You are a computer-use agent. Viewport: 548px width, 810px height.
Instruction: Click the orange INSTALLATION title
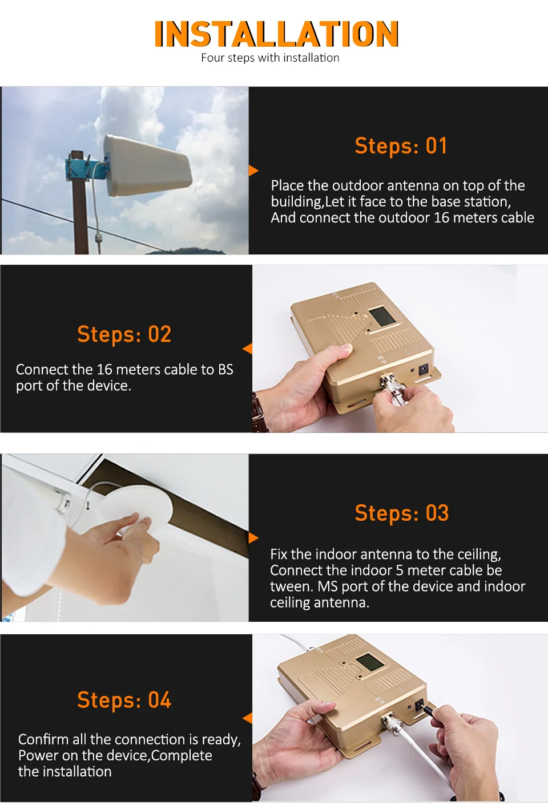tap(276, 34)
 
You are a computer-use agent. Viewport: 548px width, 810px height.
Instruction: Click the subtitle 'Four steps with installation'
tap(270, 58)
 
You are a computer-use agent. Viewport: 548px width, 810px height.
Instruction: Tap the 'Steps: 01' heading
tap(401, 145)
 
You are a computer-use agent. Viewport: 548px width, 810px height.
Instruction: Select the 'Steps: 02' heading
tap(124, 334)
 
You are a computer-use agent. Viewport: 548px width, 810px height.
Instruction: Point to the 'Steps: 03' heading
tap(402, 513)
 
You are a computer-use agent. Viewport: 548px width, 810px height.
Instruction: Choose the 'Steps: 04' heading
tap(124, 700)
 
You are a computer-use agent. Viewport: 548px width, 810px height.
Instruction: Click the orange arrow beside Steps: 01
tap(253, 171)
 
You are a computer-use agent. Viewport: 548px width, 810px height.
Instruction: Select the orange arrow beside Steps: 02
tap(247, 349)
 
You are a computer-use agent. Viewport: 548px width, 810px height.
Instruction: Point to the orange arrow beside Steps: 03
tap(253, 538)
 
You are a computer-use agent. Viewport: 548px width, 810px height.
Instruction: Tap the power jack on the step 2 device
tap(423, 369)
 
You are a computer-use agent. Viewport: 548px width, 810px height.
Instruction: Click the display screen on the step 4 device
tap(369, 662)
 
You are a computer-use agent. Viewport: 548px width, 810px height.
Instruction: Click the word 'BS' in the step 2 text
tap(225, 370)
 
